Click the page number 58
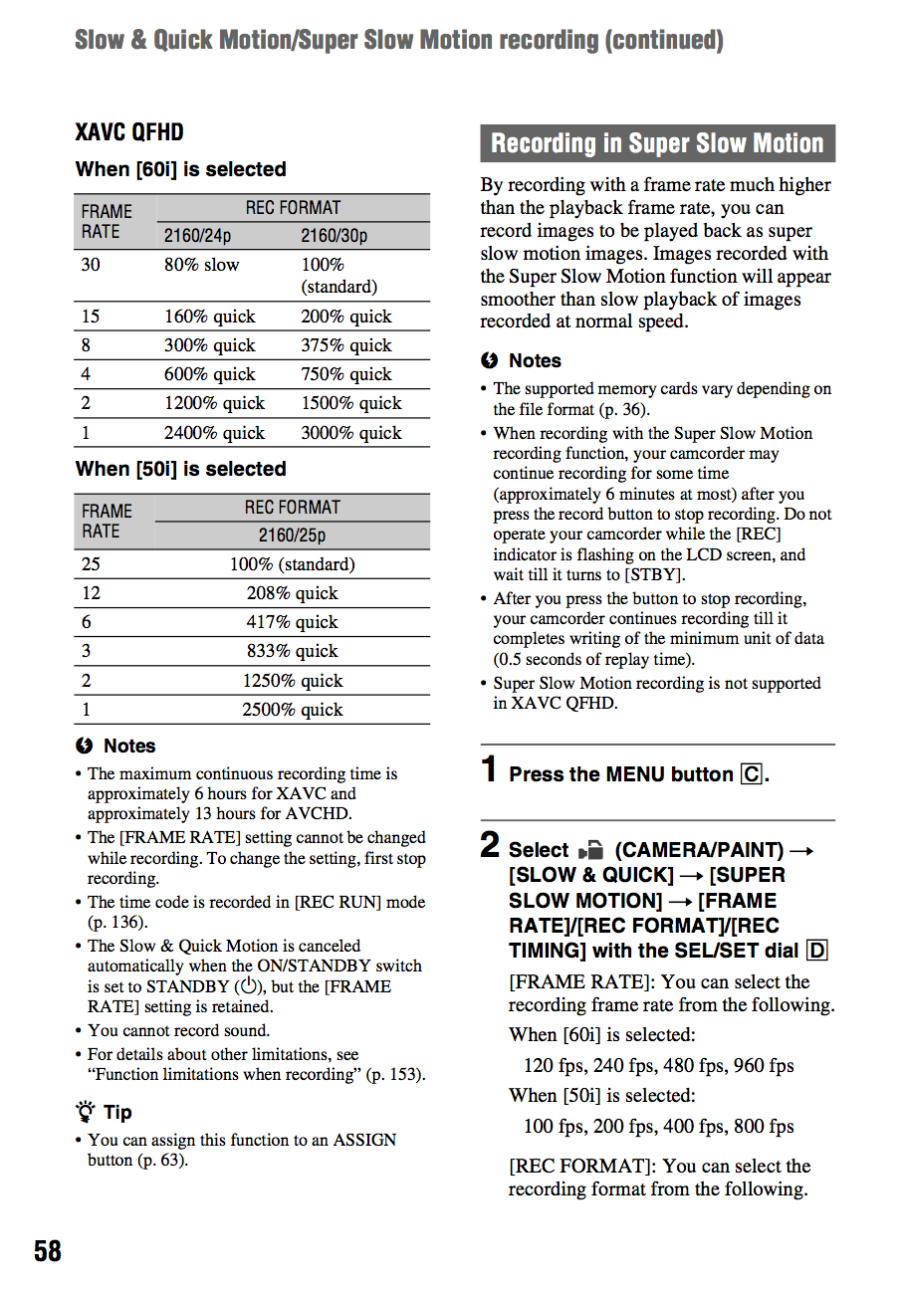coord(48,1250)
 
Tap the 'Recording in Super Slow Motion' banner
coord(657,143)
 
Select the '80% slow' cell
coord(202,265)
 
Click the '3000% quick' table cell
coord(351,433)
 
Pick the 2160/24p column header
coord(197,236)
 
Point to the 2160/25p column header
coord(293,536)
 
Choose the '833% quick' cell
coord(293,651)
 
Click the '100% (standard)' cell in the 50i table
coord(293,564)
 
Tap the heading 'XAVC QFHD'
coord(129,132)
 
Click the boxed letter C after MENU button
coord(752,774)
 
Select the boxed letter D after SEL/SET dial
coord(817,951)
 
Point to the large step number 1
coord(489,769)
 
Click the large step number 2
coord(490,846)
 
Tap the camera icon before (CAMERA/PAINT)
coord(590,851)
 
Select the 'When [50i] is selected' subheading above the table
coord(181,469)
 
